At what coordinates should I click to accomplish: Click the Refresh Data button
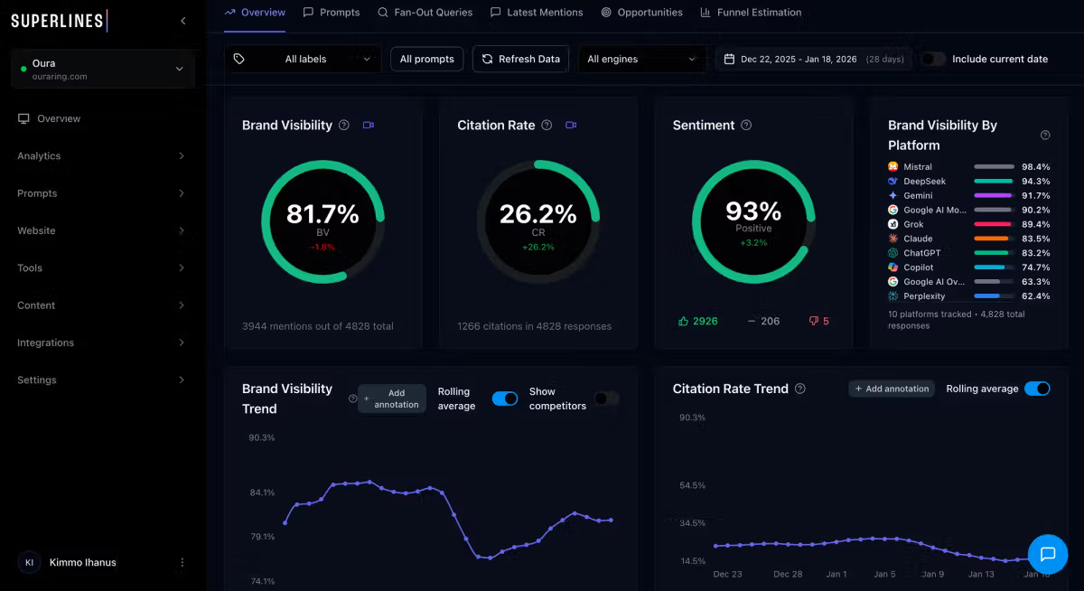click(x=520, y=59)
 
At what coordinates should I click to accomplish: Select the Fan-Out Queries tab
click(x=425, y=13)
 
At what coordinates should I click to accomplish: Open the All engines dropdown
click(x=641, y=59)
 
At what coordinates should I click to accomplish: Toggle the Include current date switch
click(x=933, y=59)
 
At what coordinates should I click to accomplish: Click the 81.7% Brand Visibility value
click(x=322, y=214)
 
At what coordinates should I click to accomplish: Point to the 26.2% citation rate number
click(x=537, y=214)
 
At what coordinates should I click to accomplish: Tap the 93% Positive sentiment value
click(x=753, y=211)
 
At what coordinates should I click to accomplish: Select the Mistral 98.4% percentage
click(x=1036, y=167)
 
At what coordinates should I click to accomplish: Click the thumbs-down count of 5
click(x=819, y=321)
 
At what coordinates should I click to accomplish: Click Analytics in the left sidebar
click(x=39, y=156)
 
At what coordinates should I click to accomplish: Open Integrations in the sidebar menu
click(x=45, y=343)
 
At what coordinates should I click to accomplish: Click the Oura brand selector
click(x=102, y=70)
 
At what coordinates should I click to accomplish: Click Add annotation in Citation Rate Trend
click(x=892, y=389)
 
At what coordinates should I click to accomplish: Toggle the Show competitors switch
click(x=605, y=399)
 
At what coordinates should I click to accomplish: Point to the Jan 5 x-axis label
click(x=884, y=574)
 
